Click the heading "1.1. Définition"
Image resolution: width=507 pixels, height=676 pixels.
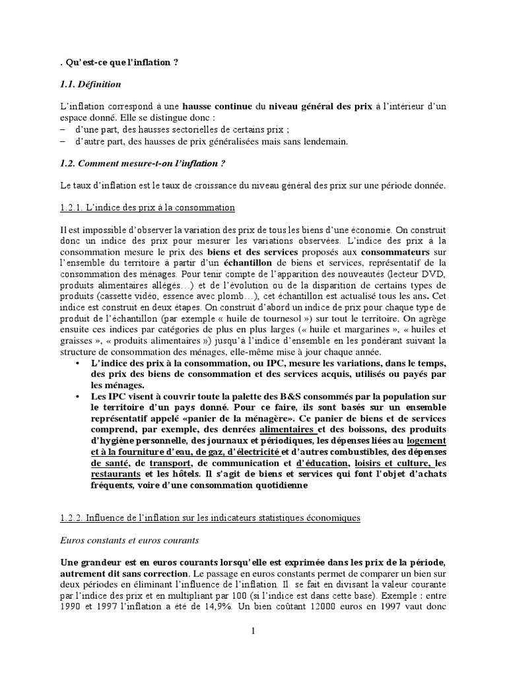pos(89,84)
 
